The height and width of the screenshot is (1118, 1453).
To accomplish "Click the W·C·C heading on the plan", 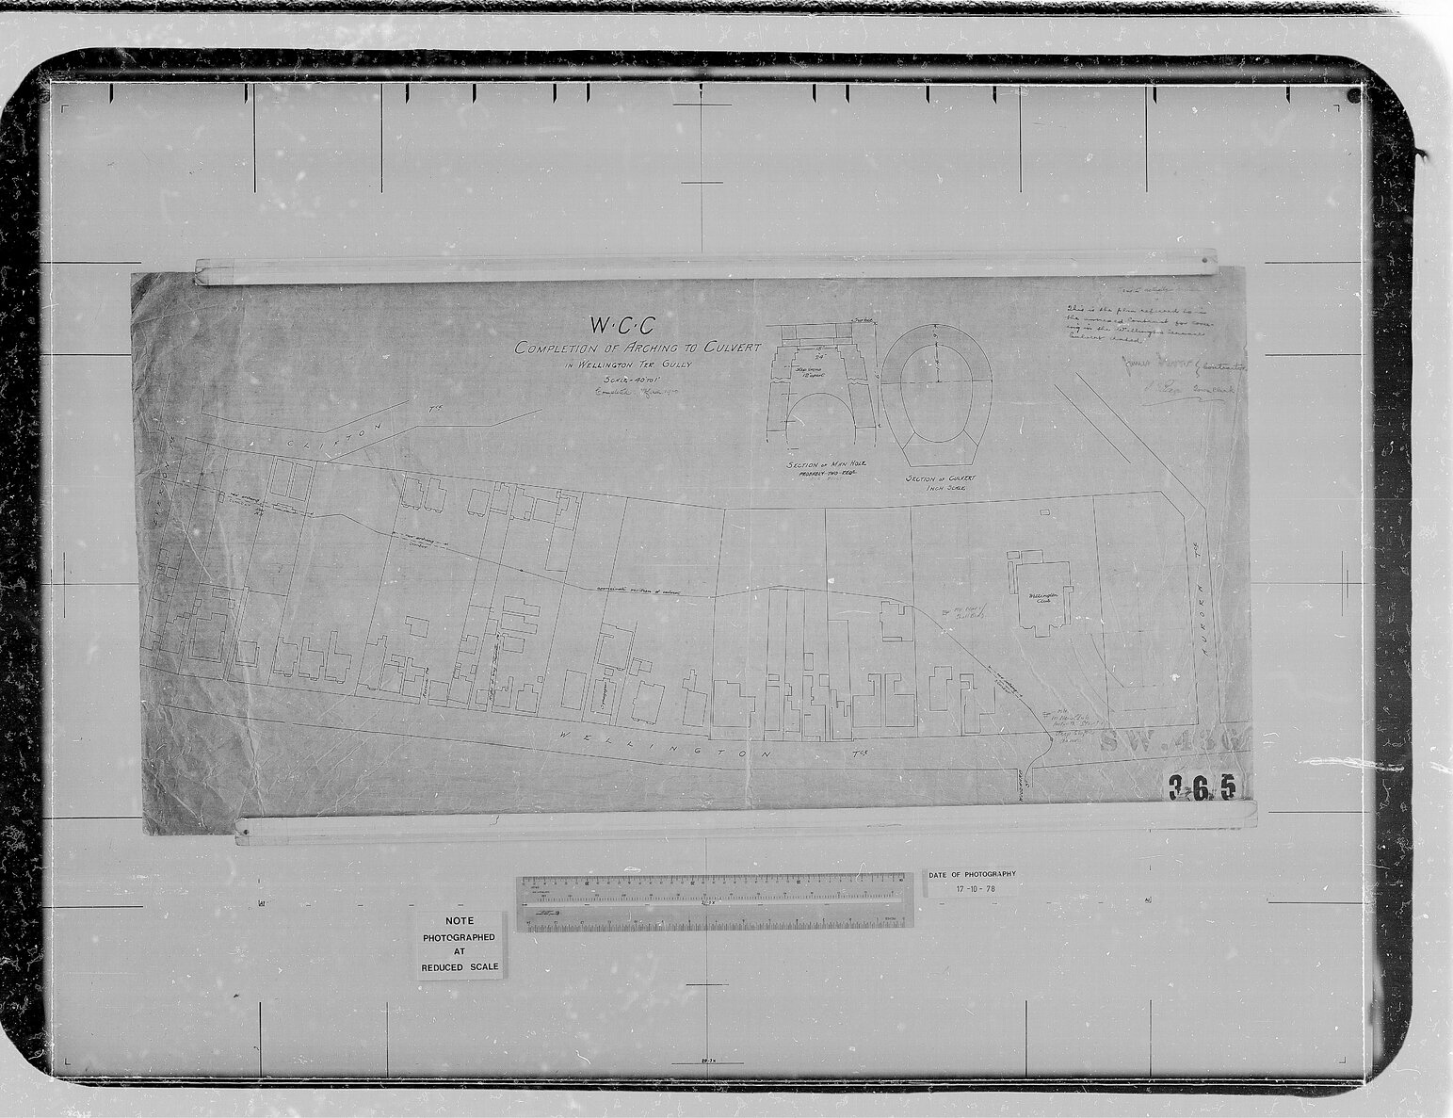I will pyautogui.click(x=622, y=325).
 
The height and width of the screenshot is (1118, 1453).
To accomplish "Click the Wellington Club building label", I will pyautogui.click(x=1040, y=597).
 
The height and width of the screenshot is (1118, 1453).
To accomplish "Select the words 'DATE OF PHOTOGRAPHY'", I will pyautogui.click(x=972, y=874).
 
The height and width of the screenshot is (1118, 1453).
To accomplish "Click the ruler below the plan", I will pyautogui.click(x=716, y=902).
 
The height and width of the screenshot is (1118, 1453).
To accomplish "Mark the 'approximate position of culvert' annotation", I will pyautogui.click(x=640, y=591).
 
